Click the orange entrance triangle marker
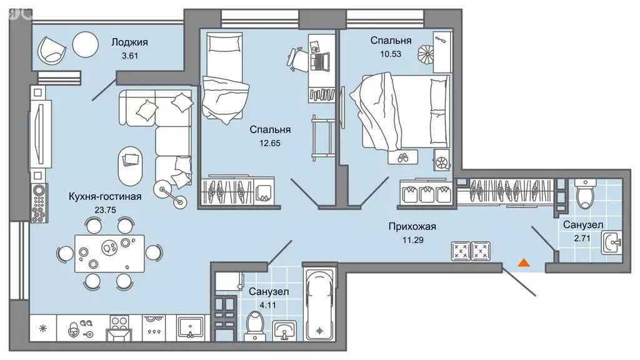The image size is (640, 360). pyautogui.click(x=524, y=262)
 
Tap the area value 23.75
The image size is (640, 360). pyautogui.click(x=105, y=210)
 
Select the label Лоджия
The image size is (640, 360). pyautogui.click(x=130, y=42)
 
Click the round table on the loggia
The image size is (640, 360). pyautogui.click(x=86, y=44)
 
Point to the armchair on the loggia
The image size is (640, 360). pyautogui.click(x=52, y=49)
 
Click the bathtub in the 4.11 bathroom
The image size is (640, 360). pyautogui.click(x=319, y=305)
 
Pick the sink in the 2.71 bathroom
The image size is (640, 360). pyautogui.click(x=611, y=243)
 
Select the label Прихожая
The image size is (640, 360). pyautogui.click(x=412, y=226)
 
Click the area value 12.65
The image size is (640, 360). pyautogui.click(x=270, y=143)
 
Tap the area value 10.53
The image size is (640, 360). pyautogui.click(x=391, y=54)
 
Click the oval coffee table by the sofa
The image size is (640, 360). pyautogui.click(x=130, y=166)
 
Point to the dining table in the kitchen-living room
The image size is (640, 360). pyautogui.click(x=109, y=254)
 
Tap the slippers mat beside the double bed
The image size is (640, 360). pyautogui.click(x=402, y=157)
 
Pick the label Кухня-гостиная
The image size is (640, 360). pyautogui.click(x=105, y=197)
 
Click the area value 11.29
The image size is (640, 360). pyautogui.click(x=412, y=240)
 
